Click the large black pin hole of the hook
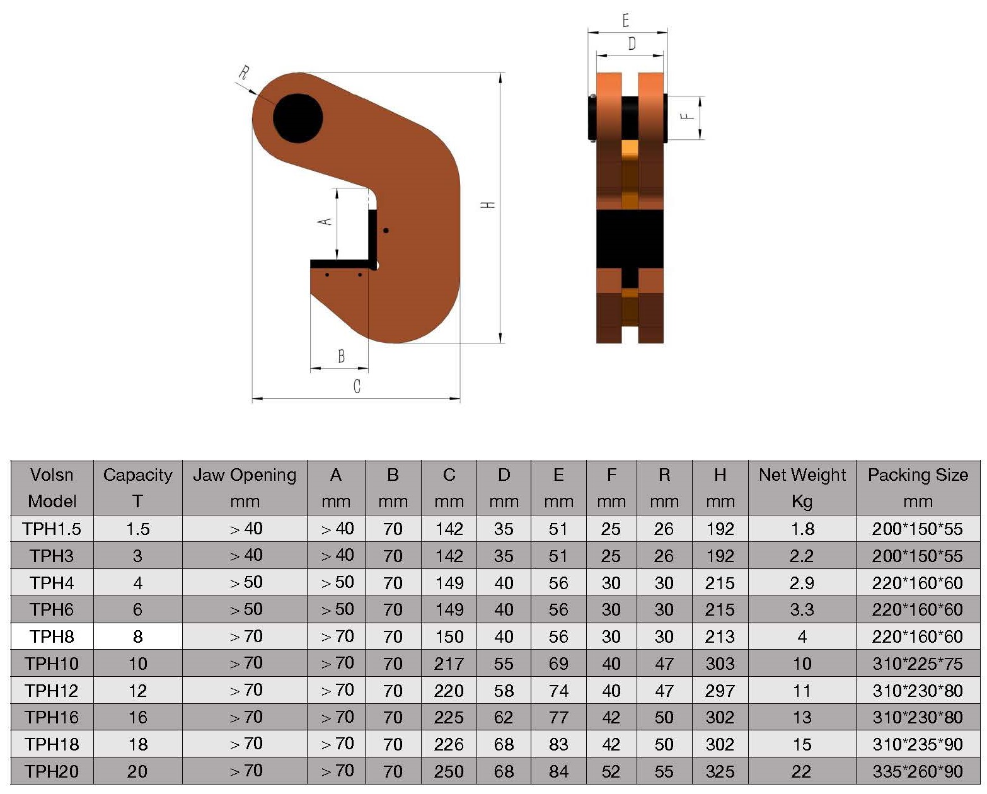point(298,118)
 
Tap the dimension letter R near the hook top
point(243,72)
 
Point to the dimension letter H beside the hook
point(488,205)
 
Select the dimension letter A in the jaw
point(325,221)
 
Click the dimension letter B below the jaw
point(341,356)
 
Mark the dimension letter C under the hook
point(357,386)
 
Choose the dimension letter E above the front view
point(625,21)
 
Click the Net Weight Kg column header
point(802,488)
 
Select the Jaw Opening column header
point(245,488)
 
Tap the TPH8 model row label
point(52,636)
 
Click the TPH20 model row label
point(52,771)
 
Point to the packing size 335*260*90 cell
point(917,771)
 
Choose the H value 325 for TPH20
point(720,771)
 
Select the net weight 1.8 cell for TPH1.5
point(802,529)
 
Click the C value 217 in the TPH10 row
point(449,664)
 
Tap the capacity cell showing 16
point(137,717)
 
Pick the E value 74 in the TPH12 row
point(558,691)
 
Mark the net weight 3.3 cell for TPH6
point(802,609)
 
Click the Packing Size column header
point(917,488)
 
